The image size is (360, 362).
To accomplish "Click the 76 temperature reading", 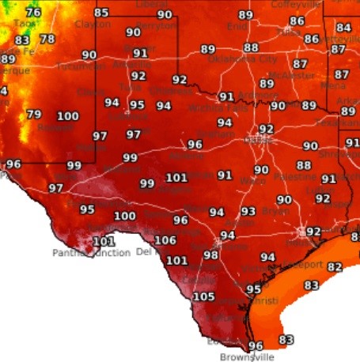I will click(x=32, y=13).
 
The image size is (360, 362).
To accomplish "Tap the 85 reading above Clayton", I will click(x=101, y=13).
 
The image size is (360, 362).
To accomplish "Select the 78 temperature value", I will click(x=47, y=39).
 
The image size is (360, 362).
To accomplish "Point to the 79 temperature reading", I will click(x=33, y=115).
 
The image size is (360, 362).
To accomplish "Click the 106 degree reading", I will click(x=165, y=240).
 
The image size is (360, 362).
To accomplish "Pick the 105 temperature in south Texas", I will click(x=203, y=296).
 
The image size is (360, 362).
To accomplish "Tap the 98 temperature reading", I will click(x=210, y=255).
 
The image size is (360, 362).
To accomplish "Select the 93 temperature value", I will click(x=248, y=211).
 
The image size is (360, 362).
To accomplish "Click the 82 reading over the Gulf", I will click(x=335, y=268).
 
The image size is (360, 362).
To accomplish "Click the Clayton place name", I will click(x=93, y=25).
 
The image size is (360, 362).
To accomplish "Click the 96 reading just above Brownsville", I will click(x=255, y=345).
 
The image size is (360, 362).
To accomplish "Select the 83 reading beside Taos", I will click(x=22, y=40).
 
